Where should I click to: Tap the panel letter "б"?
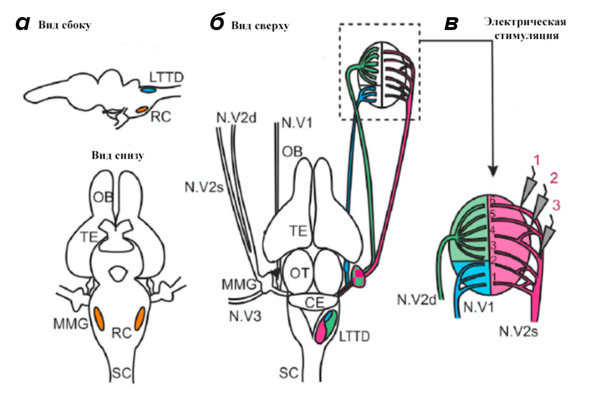click(218, 23)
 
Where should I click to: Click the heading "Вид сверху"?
click(260, 26)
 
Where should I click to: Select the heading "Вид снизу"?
click(118, 156)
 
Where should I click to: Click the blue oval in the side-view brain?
click(149, 90)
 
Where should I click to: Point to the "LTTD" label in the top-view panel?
click(354, 337)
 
